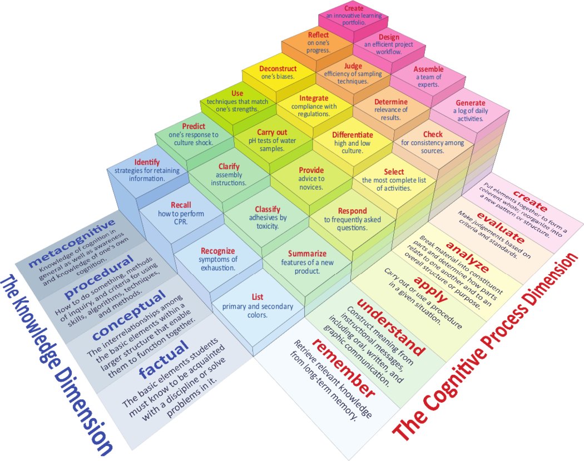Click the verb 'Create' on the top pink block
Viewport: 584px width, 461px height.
click(x=353, y=8)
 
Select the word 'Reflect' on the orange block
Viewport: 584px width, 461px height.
click(x=318, y=34)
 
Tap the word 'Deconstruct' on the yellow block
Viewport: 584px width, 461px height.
click(x=278, y=68)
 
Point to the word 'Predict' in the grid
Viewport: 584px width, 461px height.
click(x=194, y=126)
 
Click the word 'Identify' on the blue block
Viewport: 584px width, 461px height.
click(x=147, y=162)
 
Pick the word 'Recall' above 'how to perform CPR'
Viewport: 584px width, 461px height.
click(x=181, y=205)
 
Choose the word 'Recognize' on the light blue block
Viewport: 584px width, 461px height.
click(x=218, y=251)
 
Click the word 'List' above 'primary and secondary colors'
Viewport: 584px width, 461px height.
click(x=258, y=297)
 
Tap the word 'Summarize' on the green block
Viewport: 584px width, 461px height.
click(x=307, y=254)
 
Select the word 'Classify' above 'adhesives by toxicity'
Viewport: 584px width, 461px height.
click(x=268, y=209)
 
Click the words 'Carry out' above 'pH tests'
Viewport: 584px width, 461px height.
click(x=272, y=132)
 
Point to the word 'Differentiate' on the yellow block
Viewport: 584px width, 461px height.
click(x=352, y=135)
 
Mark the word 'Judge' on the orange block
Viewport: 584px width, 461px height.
click(x=353, y=66)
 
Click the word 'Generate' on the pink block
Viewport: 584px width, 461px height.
click(x=471, y=103)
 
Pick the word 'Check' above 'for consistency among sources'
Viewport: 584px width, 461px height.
click(x=433, y=134)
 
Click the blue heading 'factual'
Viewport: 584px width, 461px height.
click(x=164, y=359)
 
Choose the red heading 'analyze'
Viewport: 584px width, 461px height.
click(x=467, y=256)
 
